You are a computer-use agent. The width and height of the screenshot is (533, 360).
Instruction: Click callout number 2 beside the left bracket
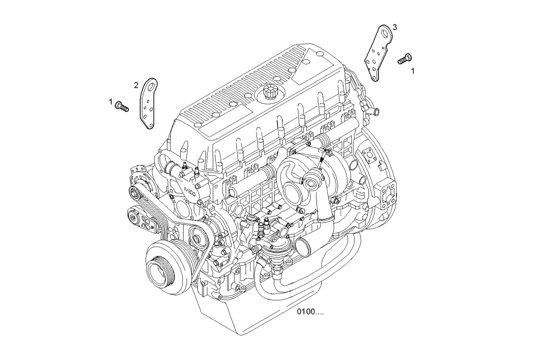(x=136, y=85)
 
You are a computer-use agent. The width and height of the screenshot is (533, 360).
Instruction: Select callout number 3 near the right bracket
(x=394, y=27)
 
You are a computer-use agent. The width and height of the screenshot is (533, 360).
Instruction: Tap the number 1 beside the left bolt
(x=111, y=101)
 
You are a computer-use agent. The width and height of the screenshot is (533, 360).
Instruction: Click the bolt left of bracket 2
(x=123, y=107)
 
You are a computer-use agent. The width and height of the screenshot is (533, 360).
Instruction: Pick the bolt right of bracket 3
(x=405, y=59)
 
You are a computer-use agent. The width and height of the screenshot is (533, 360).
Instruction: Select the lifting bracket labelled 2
(x=149, y=104)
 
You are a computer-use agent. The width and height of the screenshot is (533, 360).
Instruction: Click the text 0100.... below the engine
(x=310, y=312)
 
